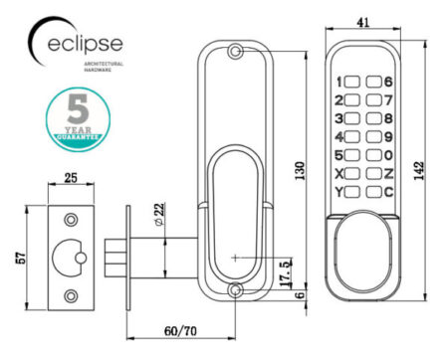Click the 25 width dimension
[71, 180]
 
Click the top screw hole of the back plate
[235, 51]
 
